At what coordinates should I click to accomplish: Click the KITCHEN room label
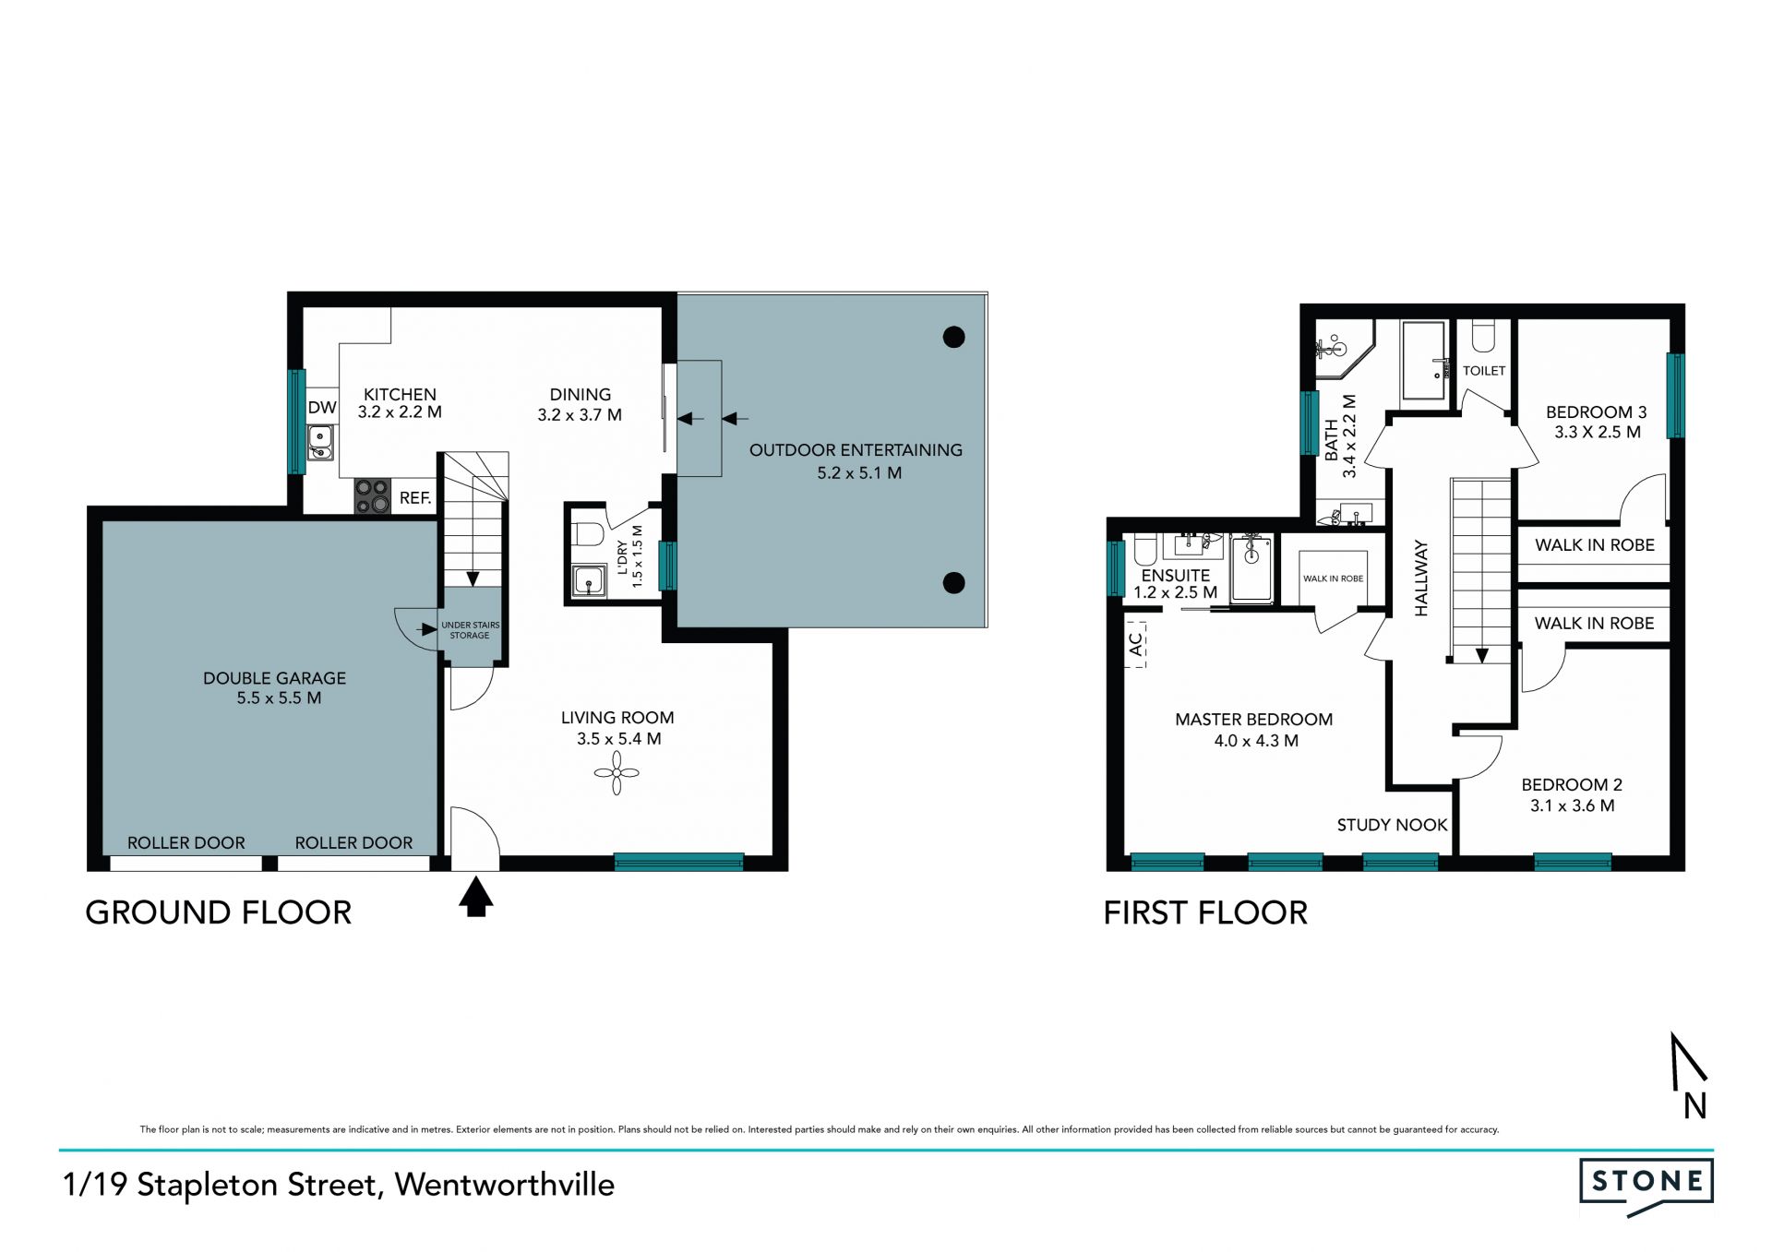pos(400,394)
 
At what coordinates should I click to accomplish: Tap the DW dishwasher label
pos(322,408)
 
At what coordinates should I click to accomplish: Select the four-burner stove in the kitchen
pos(373,495)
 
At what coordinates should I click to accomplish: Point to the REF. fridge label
pos(415,498)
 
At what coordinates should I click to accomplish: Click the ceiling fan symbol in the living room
pos(617,772)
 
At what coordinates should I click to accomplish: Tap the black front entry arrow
pos(475,897)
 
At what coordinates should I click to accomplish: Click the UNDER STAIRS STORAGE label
pos(471,630)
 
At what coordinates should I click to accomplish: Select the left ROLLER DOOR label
pos(186,842)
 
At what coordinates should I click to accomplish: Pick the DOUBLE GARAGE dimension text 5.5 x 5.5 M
pos(279,698)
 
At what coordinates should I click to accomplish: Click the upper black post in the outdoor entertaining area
pos(954,338)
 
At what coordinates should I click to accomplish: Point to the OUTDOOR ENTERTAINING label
pos(856,450)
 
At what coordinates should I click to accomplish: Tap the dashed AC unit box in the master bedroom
pos(1136,643)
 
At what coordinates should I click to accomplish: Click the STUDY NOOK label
pos(1392,825)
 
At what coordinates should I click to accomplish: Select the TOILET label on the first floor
pos(1484,371)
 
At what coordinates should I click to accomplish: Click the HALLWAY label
pos(1421,578)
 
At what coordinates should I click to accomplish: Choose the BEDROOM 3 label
pos(1597,412)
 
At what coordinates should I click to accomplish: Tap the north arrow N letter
pos(1694,1105)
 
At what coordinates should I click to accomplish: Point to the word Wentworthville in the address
pos(505,1185)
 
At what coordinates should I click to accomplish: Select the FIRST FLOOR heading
pos(1205,913)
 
